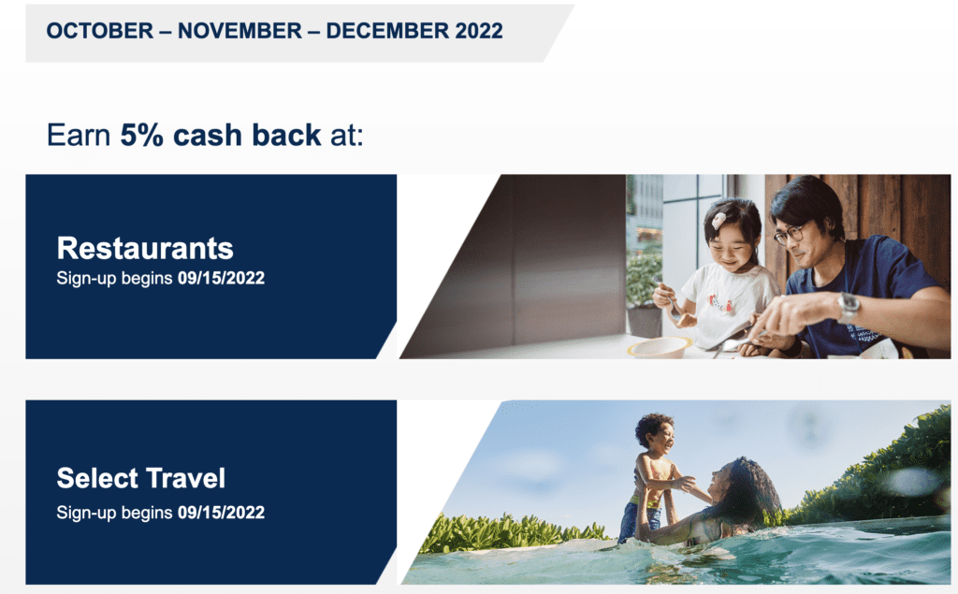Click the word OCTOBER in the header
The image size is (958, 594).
[x=99, y=31]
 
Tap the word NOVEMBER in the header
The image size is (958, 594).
[x=239, y=31]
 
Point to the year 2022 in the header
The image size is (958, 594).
[x=479, y=31]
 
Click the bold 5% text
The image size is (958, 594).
[x=142, y=135]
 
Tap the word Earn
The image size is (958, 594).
[x=79, y=135]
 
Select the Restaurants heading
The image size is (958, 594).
[x=145, y=248]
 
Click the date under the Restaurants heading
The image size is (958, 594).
[x=221, y=278]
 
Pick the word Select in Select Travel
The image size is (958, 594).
[x=97, y=478]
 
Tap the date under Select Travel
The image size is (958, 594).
[x=221, y=512]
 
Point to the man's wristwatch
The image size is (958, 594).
[x=849, y=307]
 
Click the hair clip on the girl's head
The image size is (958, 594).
[x=719, y=220]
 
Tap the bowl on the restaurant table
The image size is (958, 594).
[x=659, y=347]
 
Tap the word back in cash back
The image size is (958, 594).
[x=286, y=135]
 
